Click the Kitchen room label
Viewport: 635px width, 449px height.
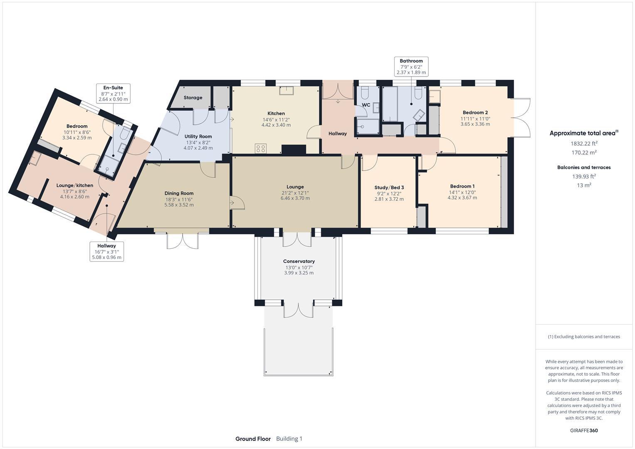point(276,113)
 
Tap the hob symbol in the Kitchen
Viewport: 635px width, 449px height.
point(260,149)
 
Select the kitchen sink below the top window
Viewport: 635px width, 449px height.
point(286,90)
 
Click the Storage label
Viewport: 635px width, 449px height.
point(193,98)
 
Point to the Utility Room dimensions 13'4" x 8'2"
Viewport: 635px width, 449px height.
point(198,142)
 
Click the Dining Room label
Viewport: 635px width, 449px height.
point(179,193)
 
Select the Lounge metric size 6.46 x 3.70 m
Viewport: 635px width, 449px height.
point(295,198)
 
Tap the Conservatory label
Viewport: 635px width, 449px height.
point(299,262)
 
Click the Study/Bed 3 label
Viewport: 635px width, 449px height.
point(389,187)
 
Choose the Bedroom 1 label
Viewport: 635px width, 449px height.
point(462,186)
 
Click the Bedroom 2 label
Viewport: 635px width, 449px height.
point(475,113)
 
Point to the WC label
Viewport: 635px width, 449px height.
point(366,105)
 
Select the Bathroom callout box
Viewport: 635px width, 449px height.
point(411,67)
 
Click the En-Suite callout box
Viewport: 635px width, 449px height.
point(113,94)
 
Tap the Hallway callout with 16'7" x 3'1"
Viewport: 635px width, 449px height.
point(107,252)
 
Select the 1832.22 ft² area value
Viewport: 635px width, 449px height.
point(584,143)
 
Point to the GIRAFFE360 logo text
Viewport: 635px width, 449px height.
point(583,430)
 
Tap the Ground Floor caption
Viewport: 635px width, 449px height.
point(253,439)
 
